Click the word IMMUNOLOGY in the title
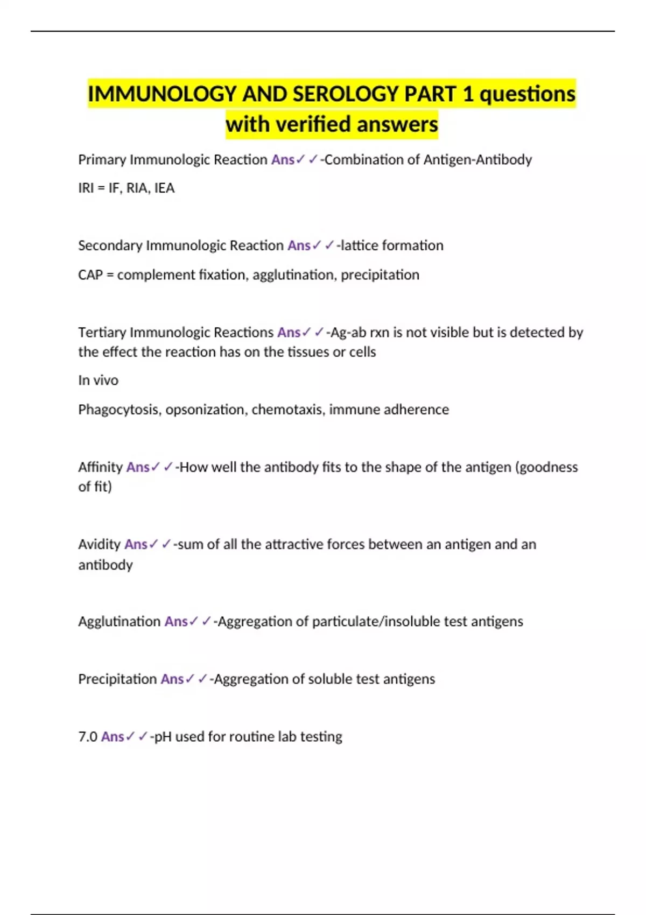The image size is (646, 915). coord(162,94)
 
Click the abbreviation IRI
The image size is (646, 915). coord(86,188)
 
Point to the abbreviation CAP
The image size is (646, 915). coord(90,275)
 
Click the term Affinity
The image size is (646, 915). coord(101,467)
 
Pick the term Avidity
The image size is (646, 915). coord(100,545)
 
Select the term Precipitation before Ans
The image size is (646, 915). coord(117,679)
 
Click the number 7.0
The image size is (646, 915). coord(88,737)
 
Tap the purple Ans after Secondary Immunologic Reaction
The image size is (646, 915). coord(299,246)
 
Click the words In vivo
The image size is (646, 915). coord(98,381)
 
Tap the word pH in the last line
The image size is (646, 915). coord(163,737)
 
